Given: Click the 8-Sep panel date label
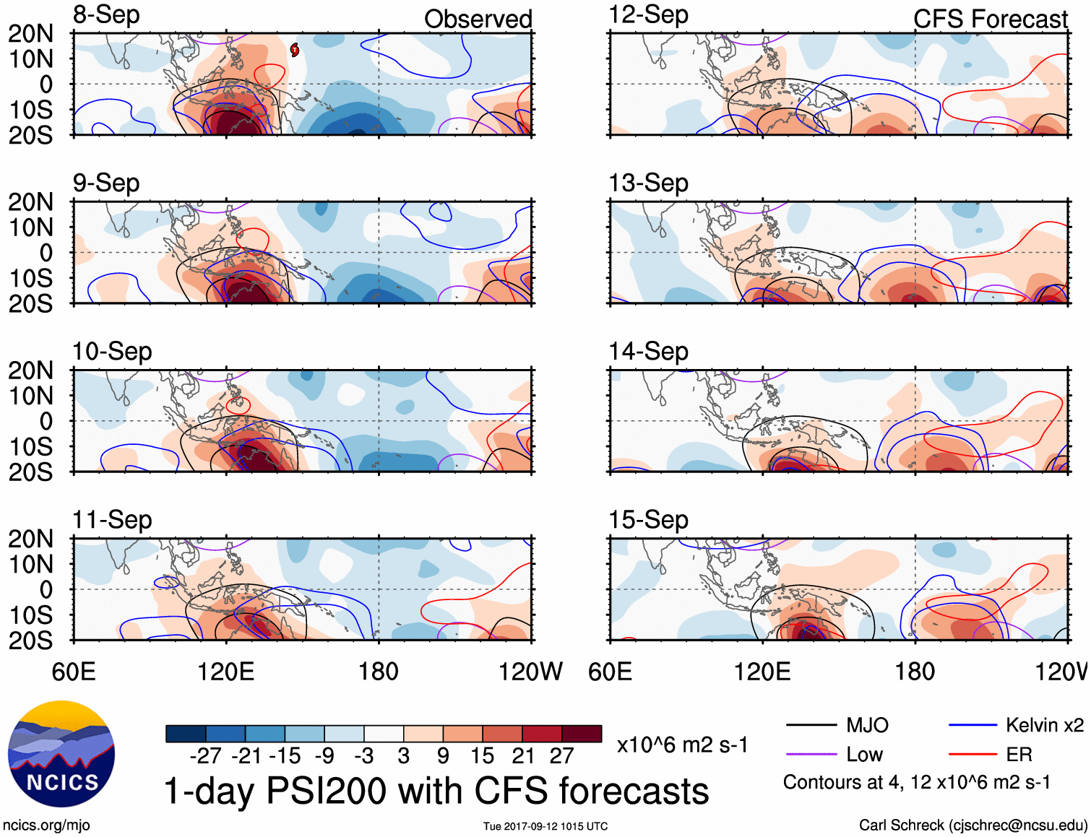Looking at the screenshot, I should (106, 15).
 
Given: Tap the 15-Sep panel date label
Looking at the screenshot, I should (648, 520).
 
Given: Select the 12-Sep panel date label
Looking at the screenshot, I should (648, 15).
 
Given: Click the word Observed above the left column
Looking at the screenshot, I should (478, 19).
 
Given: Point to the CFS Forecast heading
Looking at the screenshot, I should (990, 19).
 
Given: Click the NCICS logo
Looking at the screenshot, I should (61, 754).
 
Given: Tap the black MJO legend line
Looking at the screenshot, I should (811, 725).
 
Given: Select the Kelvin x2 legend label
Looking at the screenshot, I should (1044, 725).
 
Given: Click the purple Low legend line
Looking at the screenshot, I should (811, 755).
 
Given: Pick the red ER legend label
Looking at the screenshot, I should (1019, 755).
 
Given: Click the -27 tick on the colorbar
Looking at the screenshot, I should (206, 756).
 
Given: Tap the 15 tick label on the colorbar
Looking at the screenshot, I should (482, 756).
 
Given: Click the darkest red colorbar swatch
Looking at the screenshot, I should (582, 734).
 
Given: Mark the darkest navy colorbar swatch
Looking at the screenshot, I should (186, 734).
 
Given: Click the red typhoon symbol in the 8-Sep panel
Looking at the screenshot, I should (295, 50).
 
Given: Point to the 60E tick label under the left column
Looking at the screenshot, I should (73, 672).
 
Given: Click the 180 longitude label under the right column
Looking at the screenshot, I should (915, 672).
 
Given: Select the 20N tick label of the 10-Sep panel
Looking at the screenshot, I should (30, 370).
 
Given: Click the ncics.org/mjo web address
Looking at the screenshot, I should (46, 825).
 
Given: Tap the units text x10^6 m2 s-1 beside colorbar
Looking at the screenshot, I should (682, 745).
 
